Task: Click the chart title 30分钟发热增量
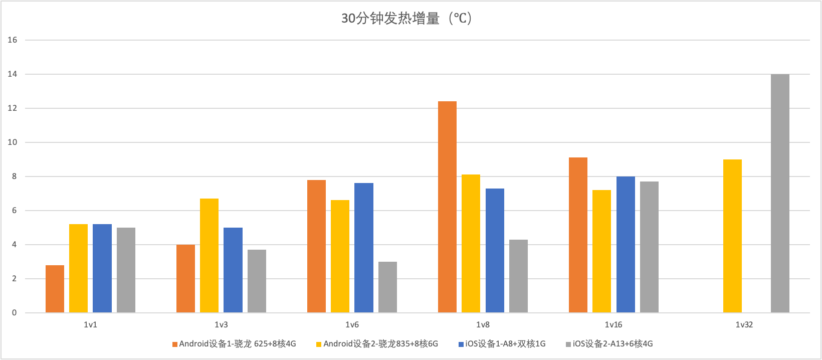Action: (x=406, y=19)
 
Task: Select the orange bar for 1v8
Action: (x=447, y=207)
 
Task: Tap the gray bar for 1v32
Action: (x=780, y=194)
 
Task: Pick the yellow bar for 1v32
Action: (x=732, y=236)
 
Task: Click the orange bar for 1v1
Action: (x=55, y=289)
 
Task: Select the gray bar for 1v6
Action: (x=387, y=287)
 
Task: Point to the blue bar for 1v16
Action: (x=626, y=245)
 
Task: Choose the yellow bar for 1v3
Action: (x=209, y=256)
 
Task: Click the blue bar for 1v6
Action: (x=364, y=248)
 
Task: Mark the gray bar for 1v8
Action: (x=518, y=276)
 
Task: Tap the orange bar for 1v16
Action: (x=578, y=235)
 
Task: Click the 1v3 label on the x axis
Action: (x=222, y=325)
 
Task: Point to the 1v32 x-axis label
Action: (x=744, y=325)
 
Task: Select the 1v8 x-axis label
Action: (x=483, y=325)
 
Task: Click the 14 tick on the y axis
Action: (x=12, y=74)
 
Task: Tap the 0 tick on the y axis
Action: (x=14, y=313)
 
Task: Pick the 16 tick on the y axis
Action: (x=12, y=40)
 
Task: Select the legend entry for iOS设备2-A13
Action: (x=609, y=344)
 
